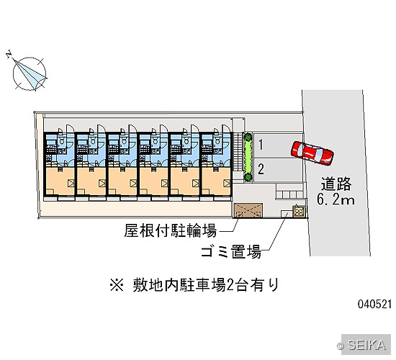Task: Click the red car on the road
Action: click(x=312, y=153)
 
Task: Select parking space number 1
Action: click(x=278, y=145)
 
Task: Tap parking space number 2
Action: click(x=278, y=170)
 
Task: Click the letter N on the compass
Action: click(x=9, y=54)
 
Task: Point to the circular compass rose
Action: click(x=30, y=73)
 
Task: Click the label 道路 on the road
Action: click(x=336, y=184)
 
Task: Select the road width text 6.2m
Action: click(x=336, y=199)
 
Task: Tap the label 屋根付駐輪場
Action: click(x=170, y=230)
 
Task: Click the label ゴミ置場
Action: click(x=231, y=251)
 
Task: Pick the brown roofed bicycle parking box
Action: click(x=248, y=210)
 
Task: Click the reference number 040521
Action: click(x=374, y=304)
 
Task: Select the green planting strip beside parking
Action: click(x=248, y=157)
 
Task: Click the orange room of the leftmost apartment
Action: click(x=60, y=181)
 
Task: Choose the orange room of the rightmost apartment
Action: click(x=216, y=181)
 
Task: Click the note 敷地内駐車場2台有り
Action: click(x=206, y=284)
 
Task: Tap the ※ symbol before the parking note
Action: click(x=117, y=285)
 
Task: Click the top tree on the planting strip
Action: click(x=248, y=137)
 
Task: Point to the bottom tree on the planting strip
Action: click(x=248, y=177)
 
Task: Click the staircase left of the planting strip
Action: click(x=238, y=153)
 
